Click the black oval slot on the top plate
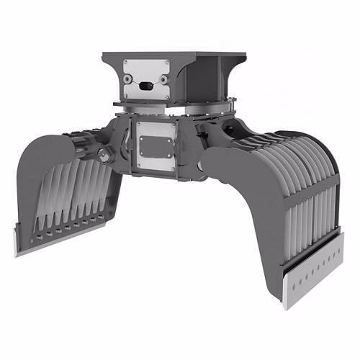coord(145,84)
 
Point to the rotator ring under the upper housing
coord(173,107)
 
